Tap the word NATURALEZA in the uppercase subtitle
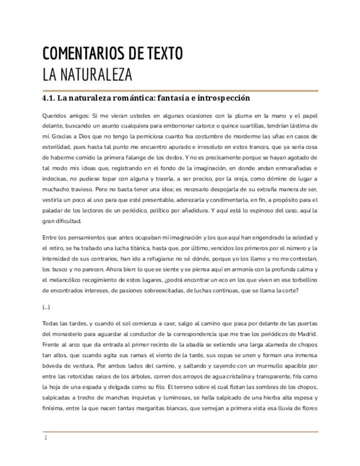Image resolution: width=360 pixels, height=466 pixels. click(x=95, y=74)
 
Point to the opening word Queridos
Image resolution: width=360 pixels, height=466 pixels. click(x=54, y=116)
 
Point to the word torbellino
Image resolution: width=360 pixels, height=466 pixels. click(x=302, y=280)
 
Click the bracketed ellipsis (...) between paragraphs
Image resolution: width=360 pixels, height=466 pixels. click(x=46, y=307)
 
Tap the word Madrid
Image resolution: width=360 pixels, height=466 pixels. click(x=304, y=334)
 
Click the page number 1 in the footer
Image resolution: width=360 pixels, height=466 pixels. click(x=46, y=438)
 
